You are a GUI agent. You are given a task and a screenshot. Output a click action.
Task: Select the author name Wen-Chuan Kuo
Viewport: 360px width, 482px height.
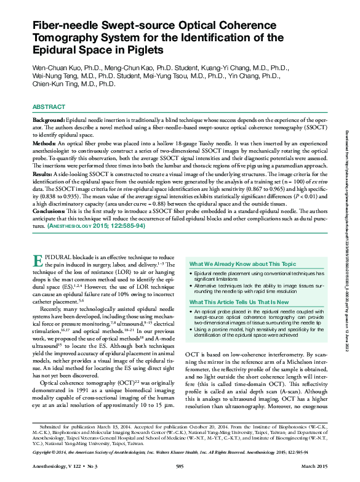click(56, 66)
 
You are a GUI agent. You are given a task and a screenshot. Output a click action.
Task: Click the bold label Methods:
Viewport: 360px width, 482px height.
click(47, 142)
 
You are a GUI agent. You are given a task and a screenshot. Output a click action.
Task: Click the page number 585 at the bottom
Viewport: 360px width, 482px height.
click(180, 470)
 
